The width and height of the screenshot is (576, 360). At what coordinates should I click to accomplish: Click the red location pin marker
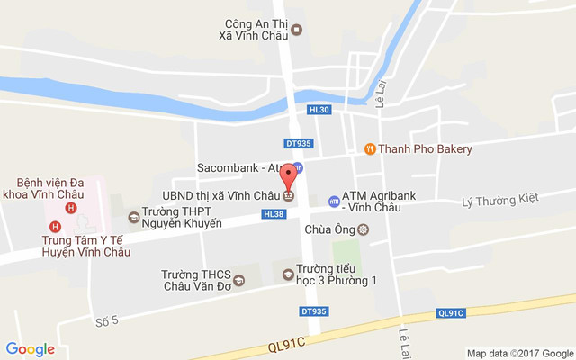point(288,175)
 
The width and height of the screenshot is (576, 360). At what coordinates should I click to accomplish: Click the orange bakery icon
point(369,149)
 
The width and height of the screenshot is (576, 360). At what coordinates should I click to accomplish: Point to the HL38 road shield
point(274,214)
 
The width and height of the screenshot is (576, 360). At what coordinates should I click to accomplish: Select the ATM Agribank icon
point(334,201)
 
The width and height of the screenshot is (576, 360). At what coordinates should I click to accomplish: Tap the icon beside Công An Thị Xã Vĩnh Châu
point(297,30)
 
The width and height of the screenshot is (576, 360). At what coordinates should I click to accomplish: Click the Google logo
point(30,349)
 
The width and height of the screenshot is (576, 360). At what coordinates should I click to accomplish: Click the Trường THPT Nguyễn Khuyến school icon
point(133,216)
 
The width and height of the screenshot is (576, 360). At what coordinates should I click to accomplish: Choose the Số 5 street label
point(106,321)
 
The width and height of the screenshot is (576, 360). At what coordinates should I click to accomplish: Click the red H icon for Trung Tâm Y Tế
point(56,226)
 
